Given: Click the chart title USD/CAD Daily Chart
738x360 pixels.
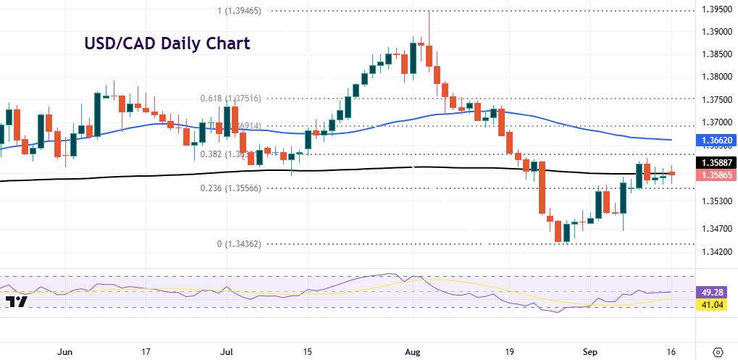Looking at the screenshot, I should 167,43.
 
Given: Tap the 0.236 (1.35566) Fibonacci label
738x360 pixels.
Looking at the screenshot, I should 230,188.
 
